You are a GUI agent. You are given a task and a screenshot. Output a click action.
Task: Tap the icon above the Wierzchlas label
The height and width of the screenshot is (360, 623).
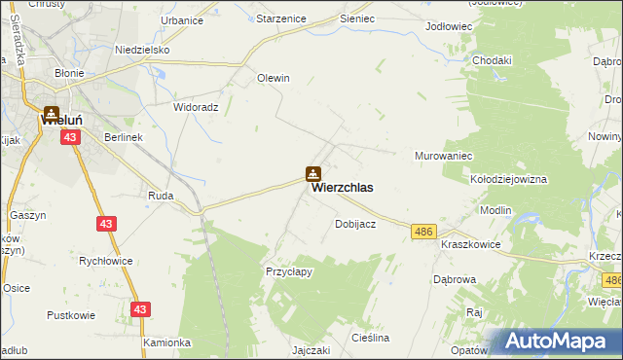pyautogui.click(x=312, y=174)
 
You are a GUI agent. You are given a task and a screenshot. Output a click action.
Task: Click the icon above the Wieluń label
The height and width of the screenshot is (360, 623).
pyautogui.click(x=51, y=114)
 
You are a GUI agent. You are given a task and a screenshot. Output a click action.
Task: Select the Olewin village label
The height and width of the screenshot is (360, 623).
pyautogui.click(x=274, y=78)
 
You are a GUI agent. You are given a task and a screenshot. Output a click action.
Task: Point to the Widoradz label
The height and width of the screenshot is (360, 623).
pyautogui.click(x=196, y=107)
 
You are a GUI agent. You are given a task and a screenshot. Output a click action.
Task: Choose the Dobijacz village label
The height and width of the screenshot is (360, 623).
pyautogui.click(x=355, y=224)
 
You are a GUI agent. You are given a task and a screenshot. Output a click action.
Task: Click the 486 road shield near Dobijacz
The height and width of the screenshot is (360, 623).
pyautogui.click(x=422, y=230)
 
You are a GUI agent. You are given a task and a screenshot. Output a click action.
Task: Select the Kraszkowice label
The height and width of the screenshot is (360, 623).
pyautogui.click(x=470, y=245)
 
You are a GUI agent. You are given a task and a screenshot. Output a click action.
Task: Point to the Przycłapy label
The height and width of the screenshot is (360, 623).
pyautogui.click(x=289, y=272)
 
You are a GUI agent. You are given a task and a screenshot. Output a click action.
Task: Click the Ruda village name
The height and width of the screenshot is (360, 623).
pyautogui.click(x=161, y=196)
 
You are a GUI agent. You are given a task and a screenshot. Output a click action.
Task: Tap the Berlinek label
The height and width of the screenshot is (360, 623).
pyautogui.click(x=124, y=137)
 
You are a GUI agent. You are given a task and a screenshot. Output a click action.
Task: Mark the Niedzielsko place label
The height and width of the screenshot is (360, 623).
pyautogui.click(x=142, y=49)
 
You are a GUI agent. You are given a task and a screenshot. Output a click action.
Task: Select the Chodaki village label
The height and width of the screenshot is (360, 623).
pyautogui.click(x=492, y=60)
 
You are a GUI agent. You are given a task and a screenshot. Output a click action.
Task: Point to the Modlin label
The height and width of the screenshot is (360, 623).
pyautogui.click(x=495, y=211)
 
